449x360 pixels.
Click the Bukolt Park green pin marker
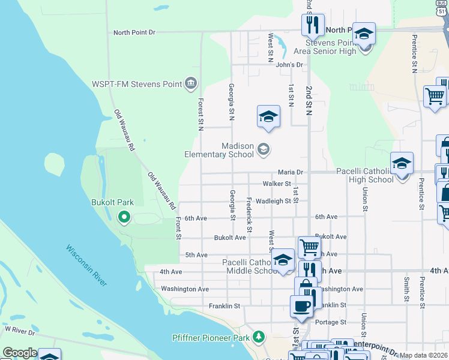tap(124, 217)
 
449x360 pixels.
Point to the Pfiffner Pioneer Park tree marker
tap(259, 337)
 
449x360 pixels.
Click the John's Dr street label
tap(291, 64)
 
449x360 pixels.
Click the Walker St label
tap(277, 184)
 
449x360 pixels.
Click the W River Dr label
tap(20, 329)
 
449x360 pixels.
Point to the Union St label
tap(365, 199)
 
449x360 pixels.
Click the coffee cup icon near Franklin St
tap(301, 305)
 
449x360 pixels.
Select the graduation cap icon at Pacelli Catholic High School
tap(402, 163)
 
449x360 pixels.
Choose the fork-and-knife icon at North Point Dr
tap(312, 24)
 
